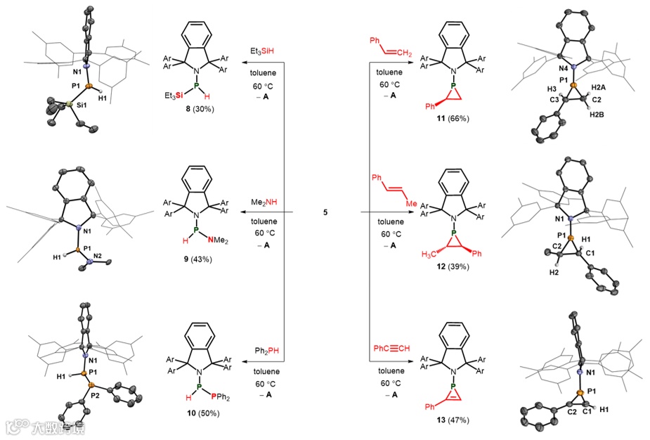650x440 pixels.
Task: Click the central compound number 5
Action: [325, 212]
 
